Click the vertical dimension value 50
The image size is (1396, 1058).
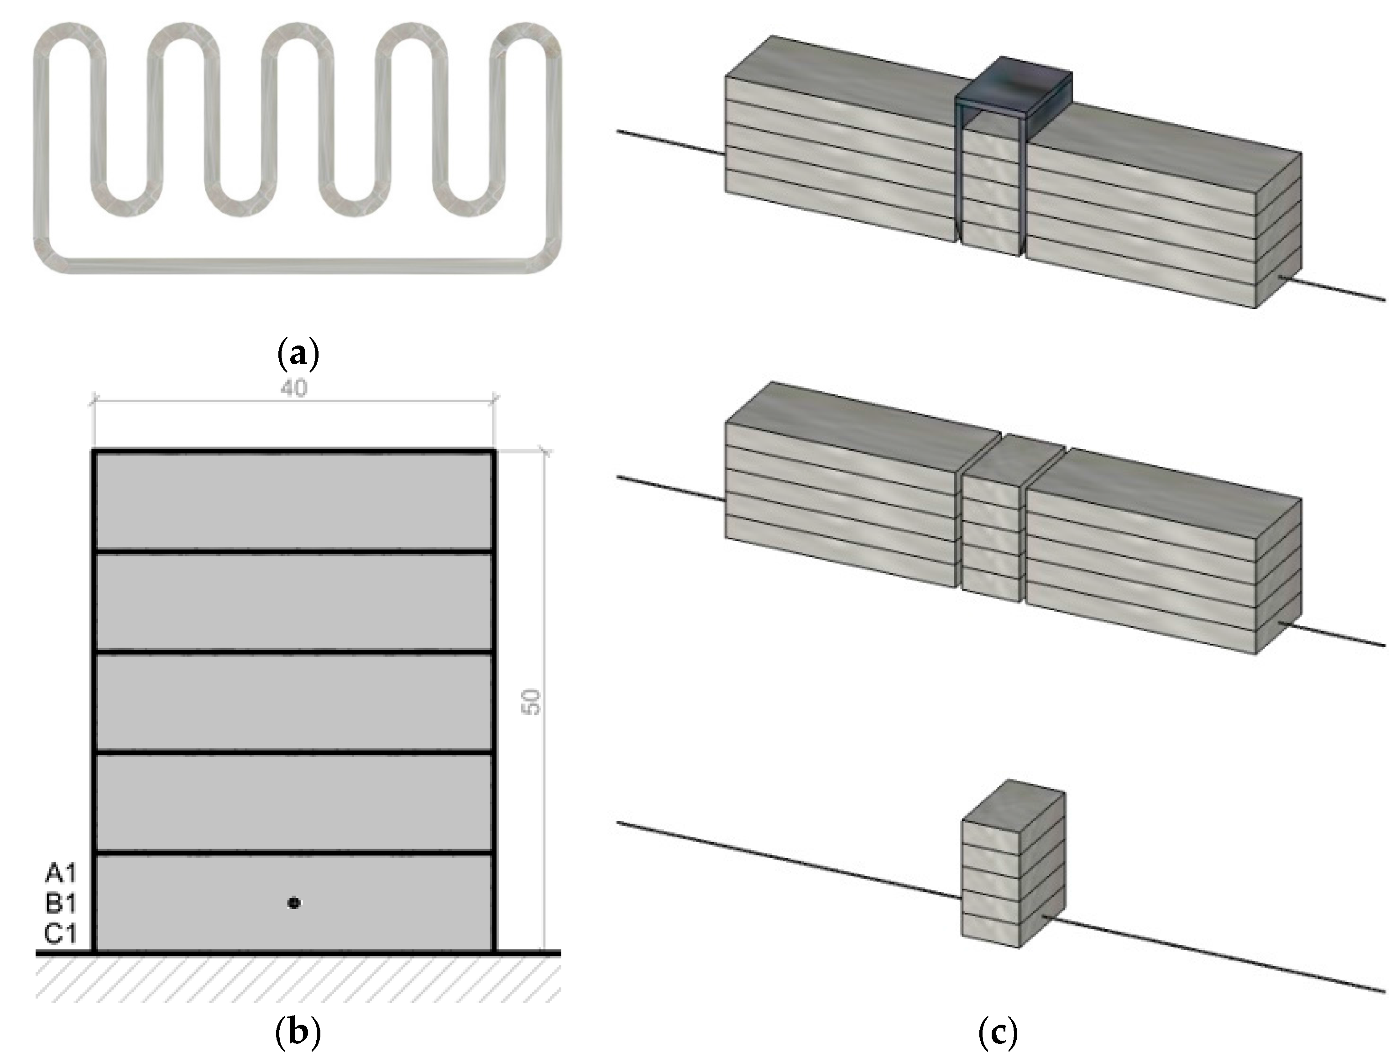tap(532, 702)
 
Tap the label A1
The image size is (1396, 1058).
tap(61, 873)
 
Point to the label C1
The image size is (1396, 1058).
tap(61, 933)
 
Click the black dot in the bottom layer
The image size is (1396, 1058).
tap(293, 903)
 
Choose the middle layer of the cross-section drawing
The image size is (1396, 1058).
tap(293, 701)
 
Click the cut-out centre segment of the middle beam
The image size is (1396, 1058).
tap(991, 530)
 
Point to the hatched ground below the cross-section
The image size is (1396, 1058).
tap(297, 979)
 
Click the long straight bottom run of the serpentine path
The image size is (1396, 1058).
tap(297, 265)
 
